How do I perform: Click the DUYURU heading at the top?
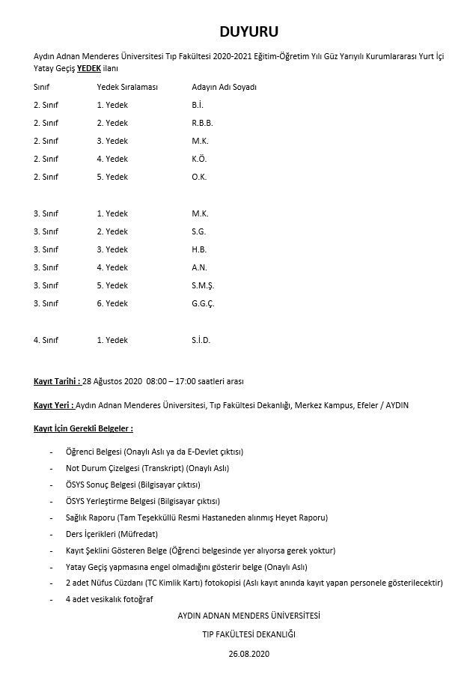point(238,31)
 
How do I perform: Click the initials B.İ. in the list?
point(198,104)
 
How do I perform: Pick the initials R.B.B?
point(203,123)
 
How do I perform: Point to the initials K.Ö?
point(199,159)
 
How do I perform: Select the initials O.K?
point(199,177)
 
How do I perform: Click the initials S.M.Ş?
point(203,285)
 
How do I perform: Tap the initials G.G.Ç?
point(204,303)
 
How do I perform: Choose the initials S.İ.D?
point(201,340)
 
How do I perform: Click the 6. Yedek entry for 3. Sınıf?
point(112,303)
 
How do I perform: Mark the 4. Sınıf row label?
point(46,340)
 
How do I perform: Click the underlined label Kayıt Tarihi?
point(57,380)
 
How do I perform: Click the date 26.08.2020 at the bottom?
point(248,654)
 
